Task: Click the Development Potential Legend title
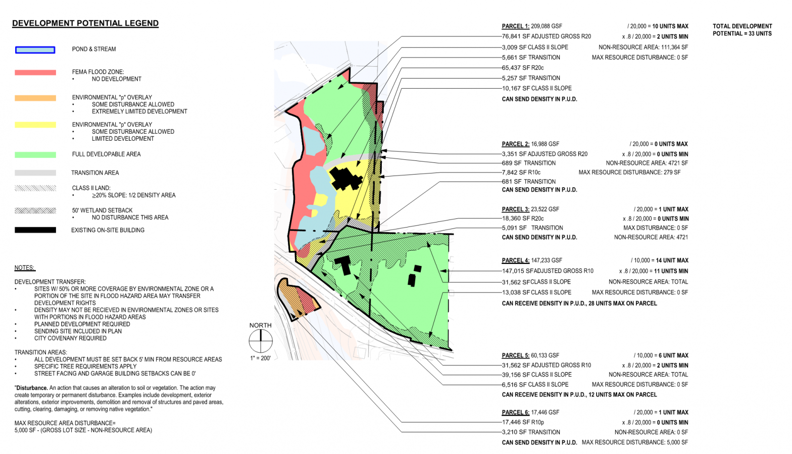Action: click(85, 23)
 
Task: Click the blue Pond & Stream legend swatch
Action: click(35, 50)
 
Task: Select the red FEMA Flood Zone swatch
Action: click(35, 73)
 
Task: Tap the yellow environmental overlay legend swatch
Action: click(35, 125)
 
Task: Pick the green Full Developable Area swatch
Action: click(35, 155)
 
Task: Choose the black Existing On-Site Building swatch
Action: click(35, 230)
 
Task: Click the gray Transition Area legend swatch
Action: click(35, 173)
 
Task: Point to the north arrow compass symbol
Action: click(261, 341)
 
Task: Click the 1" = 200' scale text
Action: click(260, 358)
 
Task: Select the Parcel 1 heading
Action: click(515, 26)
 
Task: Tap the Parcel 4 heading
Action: click(515, 260)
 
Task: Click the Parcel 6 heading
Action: click(515, 412)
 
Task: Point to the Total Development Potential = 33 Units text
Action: click(742, 30)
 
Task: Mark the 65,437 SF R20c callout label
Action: click(523, 68)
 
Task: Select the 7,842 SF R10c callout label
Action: click(521, 173)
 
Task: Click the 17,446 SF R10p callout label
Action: click(523, 422)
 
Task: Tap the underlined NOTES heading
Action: click(25, 268)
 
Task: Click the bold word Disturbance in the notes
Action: click(32, 388)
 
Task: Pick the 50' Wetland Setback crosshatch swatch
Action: click(35, 210)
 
